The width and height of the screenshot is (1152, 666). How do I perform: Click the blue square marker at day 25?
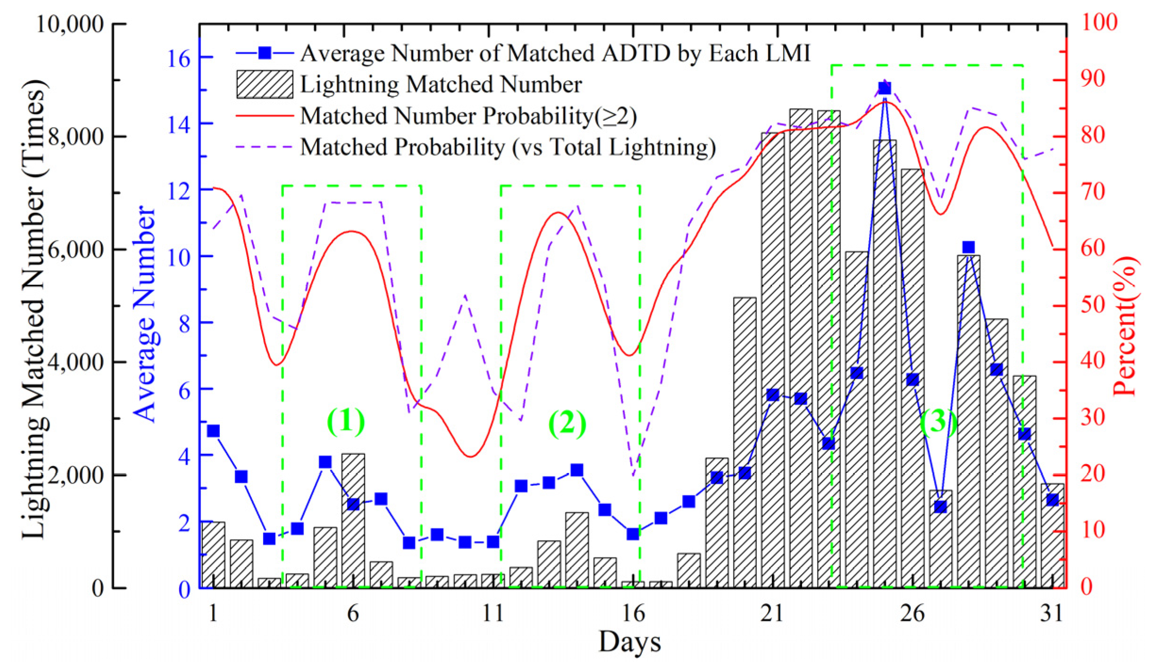884,88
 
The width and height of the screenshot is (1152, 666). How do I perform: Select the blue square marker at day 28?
968,247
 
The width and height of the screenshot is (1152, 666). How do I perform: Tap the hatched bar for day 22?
801,349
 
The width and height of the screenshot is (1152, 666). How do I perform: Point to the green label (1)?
346,420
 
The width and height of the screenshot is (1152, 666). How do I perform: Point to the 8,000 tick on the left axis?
77,136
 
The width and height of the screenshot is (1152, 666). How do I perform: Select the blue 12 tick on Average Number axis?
179,191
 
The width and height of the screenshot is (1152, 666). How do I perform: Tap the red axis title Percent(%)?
1126,325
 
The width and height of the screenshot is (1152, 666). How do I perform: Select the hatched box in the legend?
265,84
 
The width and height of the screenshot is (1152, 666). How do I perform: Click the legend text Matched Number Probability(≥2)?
468,116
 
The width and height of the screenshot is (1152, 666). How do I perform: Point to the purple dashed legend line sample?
265,147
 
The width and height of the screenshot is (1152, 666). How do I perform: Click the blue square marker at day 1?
213,431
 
